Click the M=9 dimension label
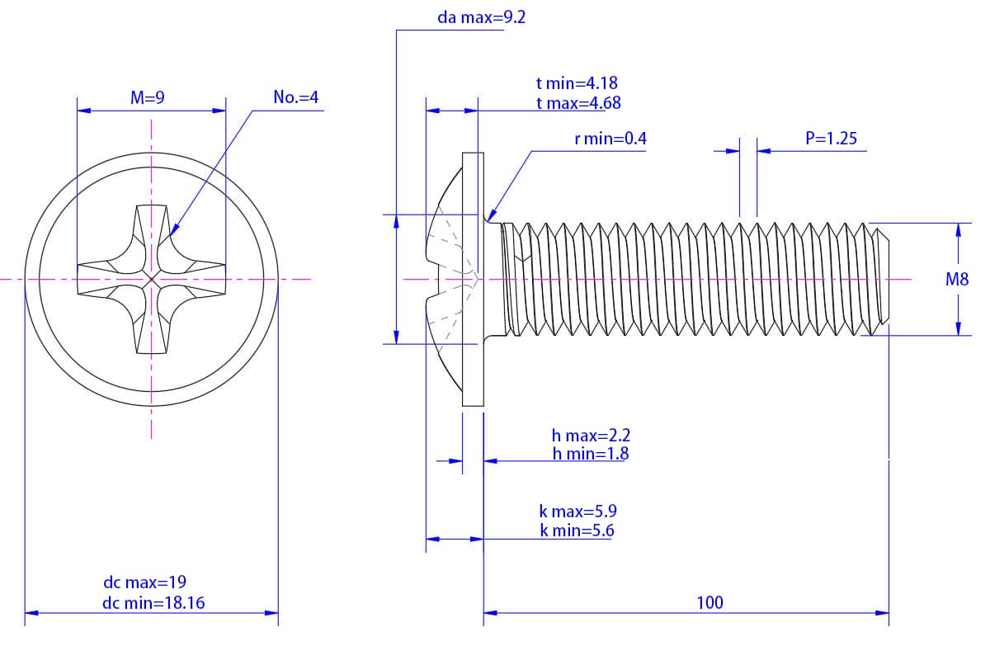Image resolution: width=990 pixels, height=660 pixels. click(x=148, y=97)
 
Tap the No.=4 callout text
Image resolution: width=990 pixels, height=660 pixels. click(x=295, y=97)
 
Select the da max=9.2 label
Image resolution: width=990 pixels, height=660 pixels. click(x=482, y=17)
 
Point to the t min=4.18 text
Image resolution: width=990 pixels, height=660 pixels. click(x=577, y=82)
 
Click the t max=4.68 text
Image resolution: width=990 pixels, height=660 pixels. click(x=577, y=103)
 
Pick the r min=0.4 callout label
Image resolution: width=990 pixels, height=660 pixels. click(x=610, y=139)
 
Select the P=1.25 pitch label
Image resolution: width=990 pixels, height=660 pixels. click(x=831, y=138)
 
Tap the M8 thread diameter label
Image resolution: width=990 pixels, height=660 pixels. click(x=957, y=280)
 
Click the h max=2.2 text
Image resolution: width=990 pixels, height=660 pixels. click(x=591, y=435)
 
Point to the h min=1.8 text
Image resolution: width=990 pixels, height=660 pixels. click(x=591, y=453)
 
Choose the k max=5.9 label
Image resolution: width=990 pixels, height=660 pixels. click(x=577, y=511)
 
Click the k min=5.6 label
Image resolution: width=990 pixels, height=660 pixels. click(x=577, y=530)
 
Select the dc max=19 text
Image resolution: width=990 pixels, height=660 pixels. click(x=144, y=582)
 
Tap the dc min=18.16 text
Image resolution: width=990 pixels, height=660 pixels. click(x=153, y=602)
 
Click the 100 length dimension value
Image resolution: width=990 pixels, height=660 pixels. click(x=709, y=602)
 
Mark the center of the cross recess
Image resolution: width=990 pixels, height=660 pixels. click(x=152, y=280)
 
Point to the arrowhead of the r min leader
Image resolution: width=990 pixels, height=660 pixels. click(x=493, y=218)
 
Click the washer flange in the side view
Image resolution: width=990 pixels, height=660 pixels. click(x=472, y=280)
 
